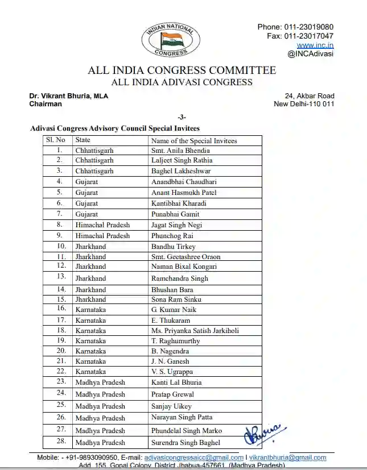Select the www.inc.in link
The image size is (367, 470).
315,45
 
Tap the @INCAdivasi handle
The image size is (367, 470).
311,54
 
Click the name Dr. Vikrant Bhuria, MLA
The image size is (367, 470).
69,96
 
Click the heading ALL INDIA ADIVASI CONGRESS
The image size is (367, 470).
182,82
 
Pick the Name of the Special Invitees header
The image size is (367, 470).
194,140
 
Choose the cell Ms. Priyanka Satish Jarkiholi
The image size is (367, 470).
195,331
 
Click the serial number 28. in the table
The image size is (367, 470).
61,442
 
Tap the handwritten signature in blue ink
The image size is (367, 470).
263,436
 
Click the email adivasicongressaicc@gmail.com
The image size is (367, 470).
194,457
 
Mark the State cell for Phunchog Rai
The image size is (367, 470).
102,236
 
